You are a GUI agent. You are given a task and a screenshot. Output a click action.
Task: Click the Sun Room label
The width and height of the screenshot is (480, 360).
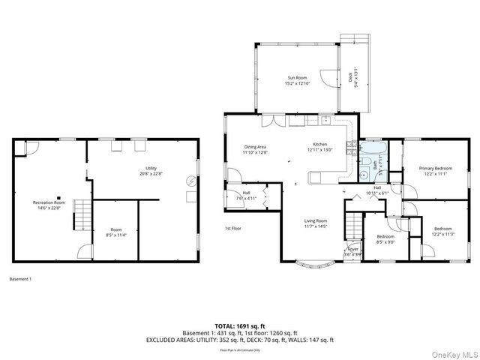[x=297, y=79]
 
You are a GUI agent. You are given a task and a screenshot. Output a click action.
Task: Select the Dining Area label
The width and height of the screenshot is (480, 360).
[x=255, y=149]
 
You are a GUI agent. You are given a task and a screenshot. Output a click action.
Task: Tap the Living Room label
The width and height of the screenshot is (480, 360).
[x=315, y=223]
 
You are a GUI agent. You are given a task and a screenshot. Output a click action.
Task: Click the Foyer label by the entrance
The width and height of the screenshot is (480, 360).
[x=352, y=252]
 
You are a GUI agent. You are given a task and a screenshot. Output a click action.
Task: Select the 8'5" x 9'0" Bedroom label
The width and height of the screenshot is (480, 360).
[x=385, y=238]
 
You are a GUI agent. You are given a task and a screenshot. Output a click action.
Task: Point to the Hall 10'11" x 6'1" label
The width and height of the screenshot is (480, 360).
[x=378, y=190]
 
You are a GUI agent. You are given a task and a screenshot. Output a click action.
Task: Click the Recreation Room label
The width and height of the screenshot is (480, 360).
[x=49, y=205]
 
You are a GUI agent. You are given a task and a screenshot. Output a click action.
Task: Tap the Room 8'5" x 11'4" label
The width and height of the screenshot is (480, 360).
[x=115, y=232]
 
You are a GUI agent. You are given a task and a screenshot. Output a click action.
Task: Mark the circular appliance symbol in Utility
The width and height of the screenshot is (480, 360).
[x=190, y=180]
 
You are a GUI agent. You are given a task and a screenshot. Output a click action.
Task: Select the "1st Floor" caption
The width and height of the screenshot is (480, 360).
[x=233, y=228]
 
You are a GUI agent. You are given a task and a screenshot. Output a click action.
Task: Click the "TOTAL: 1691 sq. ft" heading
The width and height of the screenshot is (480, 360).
[x=239, y=326]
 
